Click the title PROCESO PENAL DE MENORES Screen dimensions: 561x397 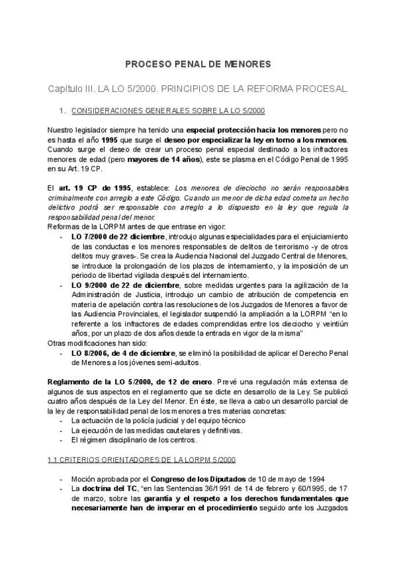coord(198,64)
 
